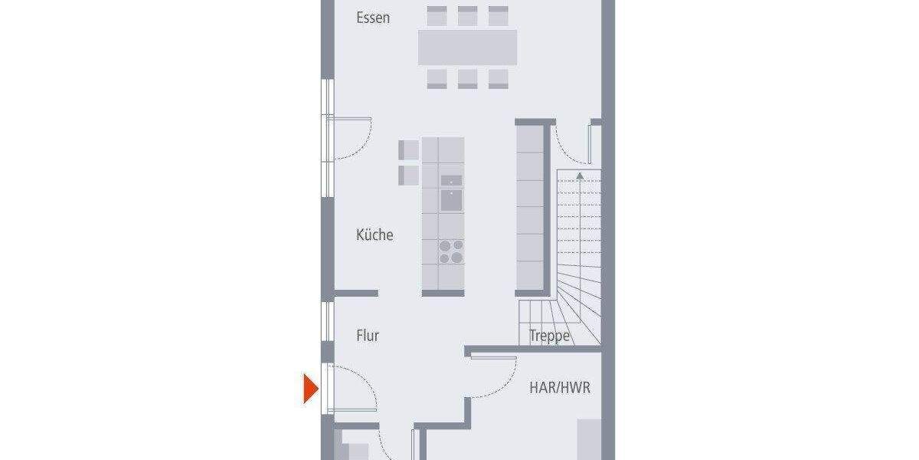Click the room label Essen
point(373,18)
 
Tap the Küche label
point(374,235)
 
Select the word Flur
point(368,335)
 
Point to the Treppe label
point(550,336)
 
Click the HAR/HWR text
point(560,388)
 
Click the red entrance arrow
point(310,388)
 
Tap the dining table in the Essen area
point(467,47)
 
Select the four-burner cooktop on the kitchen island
point(451,251)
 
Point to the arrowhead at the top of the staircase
point(580,176)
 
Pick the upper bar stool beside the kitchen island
point(408,149)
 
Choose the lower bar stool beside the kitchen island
point(408,175)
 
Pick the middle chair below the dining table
point(467,78)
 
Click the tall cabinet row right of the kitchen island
point(530,207)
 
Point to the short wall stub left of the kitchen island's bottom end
point(357,293)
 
